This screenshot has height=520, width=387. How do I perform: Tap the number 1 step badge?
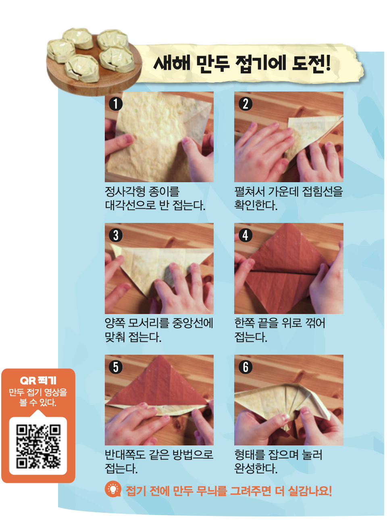point(116,104)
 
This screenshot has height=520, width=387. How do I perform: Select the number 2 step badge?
point(246,104)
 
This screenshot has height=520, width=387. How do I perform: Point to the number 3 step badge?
point(116,235)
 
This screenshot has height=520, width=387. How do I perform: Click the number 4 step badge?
point(246,235)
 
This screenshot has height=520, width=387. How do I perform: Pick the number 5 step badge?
point(116,367)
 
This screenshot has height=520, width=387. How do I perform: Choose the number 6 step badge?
point(246,367)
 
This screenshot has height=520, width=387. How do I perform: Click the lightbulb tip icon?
point(113,489)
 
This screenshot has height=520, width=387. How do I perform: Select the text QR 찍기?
point(38,380)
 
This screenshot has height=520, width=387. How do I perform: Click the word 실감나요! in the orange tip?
point(310,491)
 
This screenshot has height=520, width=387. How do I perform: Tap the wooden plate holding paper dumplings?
point(94,66)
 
